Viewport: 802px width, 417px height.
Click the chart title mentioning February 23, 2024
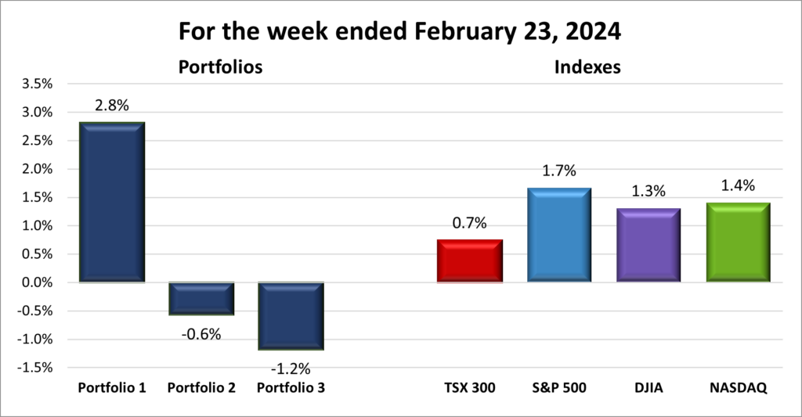tap(400, 31)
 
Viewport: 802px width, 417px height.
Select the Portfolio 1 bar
tap(112, 202)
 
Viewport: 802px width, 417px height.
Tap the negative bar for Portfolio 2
tap(201, 298)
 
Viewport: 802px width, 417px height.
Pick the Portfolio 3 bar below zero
tap(291, 315)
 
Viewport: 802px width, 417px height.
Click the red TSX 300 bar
tap(470, 261)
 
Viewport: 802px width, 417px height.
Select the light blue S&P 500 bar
tap(559, 235)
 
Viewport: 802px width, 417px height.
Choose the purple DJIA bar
tap(648, 245)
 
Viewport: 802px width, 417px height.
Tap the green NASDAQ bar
tap(738, 243)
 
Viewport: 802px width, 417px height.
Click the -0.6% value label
tap(201, 334)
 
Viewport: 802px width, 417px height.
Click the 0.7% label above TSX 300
tap(470, 224)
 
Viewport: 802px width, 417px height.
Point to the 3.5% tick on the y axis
tap(34, 84)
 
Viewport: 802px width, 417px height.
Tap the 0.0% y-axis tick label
tap(34, 282)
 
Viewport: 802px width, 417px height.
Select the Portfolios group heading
tap(220, 68)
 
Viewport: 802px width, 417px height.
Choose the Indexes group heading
tap(587, 68)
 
